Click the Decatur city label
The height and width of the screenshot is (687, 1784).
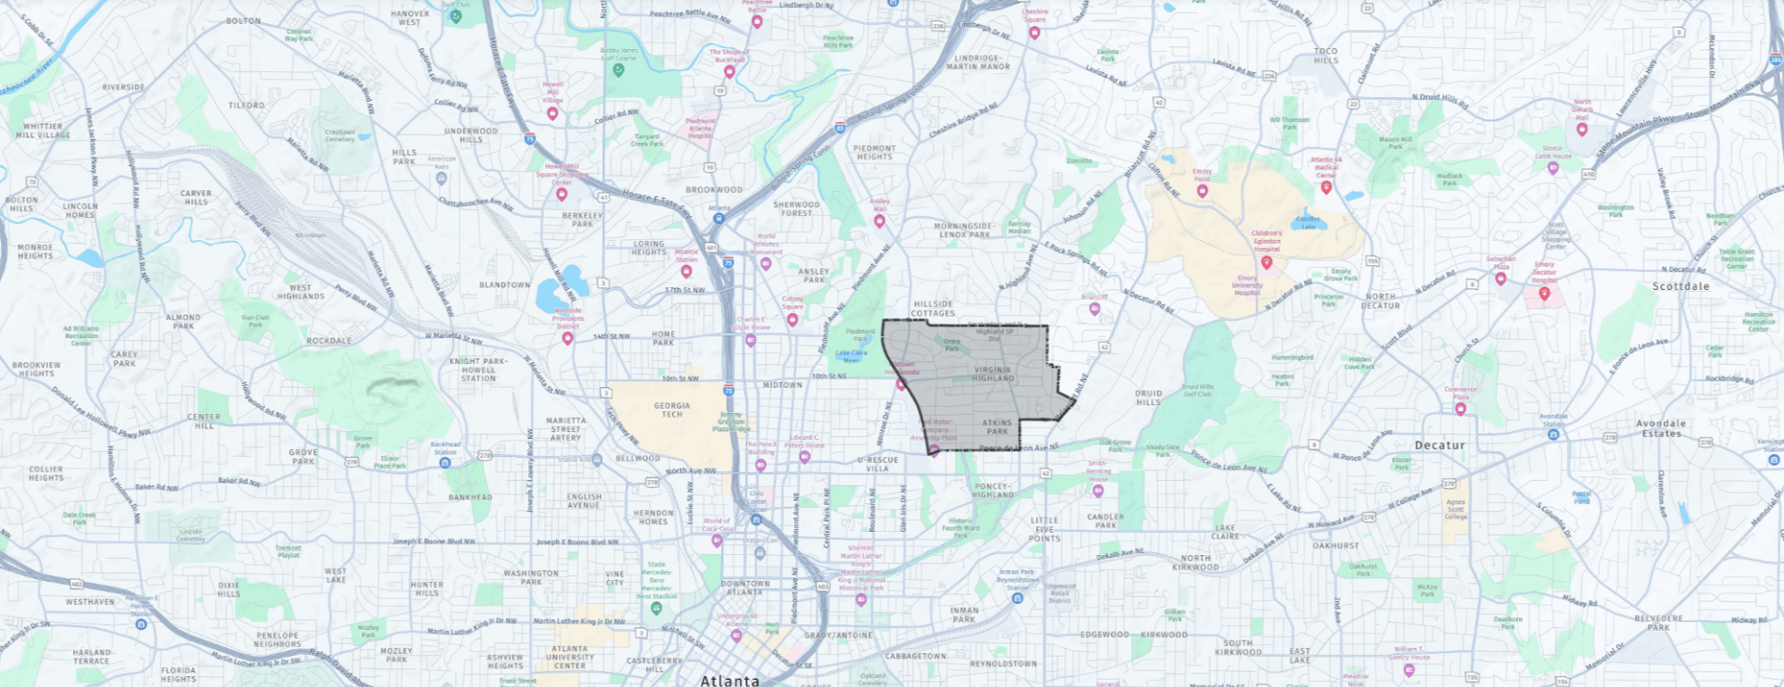pyautogui.click(x=1440, y=445)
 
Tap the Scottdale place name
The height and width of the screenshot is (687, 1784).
pyautogui.click(x=1680, y=286)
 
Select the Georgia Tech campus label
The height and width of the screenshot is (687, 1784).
pyautogui.click(x=672, y=410)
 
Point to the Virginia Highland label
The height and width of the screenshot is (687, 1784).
pyautogui.click(x=992, y=374)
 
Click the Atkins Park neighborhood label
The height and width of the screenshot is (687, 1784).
pyautogui.click(x=997, y=426)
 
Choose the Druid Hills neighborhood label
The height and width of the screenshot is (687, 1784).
pyautogui.click(x=1149, y=397)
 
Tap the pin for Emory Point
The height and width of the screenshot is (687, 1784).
pyautogui.click(x=1202, y=191)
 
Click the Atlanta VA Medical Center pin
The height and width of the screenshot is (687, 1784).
pyautogui.click(x=1326, y=187)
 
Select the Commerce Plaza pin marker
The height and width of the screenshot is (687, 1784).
pyautogui.click(x=1460, y=409)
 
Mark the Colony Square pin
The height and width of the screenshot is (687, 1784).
pyautogui.click(x=792, y=319)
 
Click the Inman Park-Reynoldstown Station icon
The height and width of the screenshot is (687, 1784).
pyautogui.click(x=1017, y=598)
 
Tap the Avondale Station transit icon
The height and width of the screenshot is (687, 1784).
pyautogui.click(x=1553, y=435)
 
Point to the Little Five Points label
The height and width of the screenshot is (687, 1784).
pyautogui.click(x=1044, y=529)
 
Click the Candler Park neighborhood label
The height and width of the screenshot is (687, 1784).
pyautogui.click(x=1106, y=521)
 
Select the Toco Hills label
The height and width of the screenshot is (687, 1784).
pyautogui.click(x=1326, y=56)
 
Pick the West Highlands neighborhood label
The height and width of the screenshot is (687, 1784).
pyautogui.click(x=301, y=292)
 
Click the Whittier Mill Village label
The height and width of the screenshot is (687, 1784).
pyautogui.click(x=43, y=130)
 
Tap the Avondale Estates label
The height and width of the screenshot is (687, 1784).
pyautogui.click(x=1661, y=428)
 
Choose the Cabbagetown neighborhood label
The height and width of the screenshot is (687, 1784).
pyautogui.click(x=916, y=656)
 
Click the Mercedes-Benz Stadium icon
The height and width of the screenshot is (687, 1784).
pyautogui.click(x=656, y=608)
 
